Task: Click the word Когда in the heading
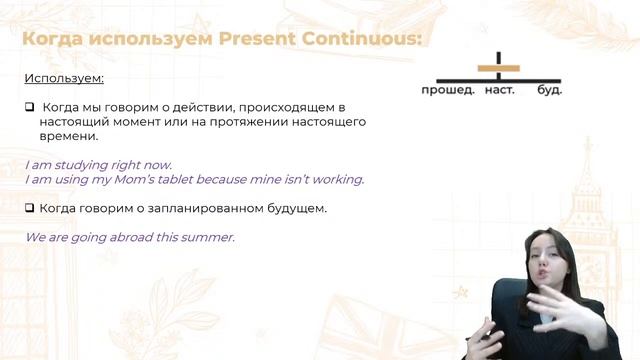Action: coord(56,39)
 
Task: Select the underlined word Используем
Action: coord(64,78)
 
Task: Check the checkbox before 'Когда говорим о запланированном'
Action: coord(30,208)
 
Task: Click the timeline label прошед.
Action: coord(446,90)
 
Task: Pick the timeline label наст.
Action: coord(499,90)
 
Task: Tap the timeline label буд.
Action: coord(549,90)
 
